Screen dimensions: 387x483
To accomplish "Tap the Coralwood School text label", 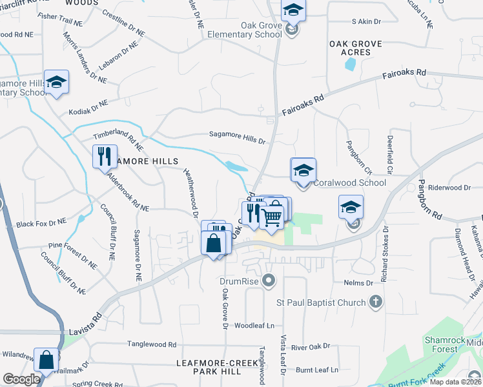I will [x=349, y=183].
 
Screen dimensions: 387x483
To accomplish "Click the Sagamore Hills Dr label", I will [x=237, y=135].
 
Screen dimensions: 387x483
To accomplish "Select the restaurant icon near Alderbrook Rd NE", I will [x=103, y=155].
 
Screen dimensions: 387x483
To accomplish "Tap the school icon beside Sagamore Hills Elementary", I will [x=56, y=81].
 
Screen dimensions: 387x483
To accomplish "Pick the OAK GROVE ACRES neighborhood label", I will [x=355, y=48].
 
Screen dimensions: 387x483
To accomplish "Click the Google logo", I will [x=21, y=379].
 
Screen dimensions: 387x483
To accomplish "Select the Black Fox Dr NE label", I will [x=41, y=222].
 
